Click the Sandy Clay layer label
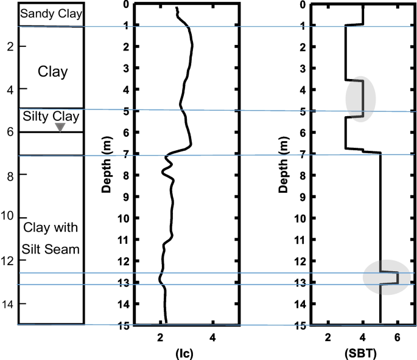pos(51,13)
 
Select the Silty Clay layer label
pos(51,116)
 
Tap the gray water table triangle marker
pos(60,126)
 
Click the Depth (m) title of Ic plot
pos(107,164)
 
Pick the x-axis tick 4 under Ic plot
pos(212,337)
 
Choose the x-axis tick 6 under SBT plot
pos(398,337)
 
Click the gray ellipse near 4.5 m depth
pos(362,99)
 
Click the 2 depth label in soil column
pos(10,46)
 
